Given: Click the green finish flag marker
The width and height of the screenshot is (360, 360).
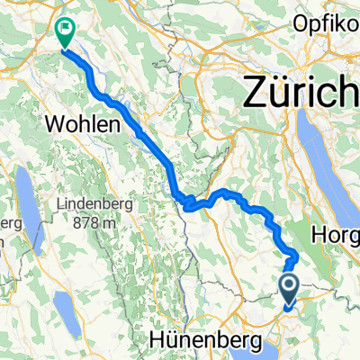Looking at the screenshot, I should click(66, 31).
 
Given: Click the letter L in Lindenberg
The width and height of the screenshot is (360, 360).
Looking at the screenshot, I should click(57, 205).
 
